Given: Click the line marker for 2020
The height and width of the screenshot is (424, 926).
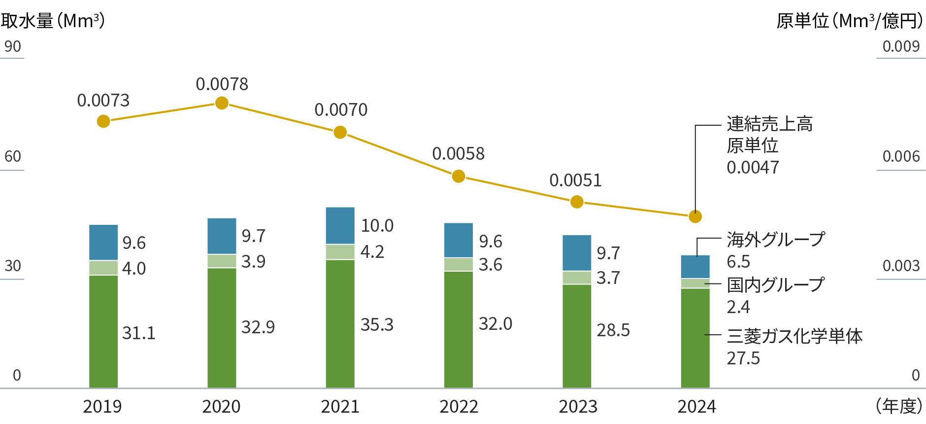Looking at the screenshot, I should coord(222,103).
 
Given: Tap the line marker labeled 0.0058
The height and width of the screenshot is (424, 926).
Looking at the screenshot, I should coord(459,176).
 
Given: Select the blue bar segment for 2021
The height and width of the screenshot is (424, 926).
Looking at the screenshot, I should coord(340,225).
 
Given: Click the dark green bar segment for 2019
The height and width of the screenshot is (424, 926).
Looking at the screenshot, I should coord(103,331).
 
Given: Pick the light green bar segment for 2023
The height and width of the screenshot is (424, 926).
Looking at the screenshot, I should coord(577,278).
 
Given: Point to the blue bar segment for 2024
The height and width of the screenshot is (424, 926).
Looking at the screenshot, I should coord(695,267).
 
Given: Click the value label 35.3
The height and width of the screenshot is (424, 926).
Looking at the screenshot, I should coord(377,325).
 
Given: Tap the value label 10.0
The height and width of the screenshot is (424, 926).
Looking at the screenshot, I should coord(377,226).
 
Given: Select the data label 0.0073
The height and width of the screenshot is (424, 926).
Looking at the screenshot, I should coord(103,101).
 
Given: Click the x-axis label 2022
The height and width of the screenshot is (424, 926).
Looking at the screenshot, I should coord(459,407).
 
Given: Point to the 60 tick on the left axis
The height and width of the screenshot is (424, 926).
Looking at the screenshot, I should coord(13,157).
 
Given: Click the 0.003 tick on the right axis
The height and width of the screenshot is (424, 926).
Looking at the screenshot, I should coord(901,266).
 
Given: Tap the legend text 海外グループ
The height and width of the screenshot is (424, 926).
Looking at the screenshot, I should coord(775,240).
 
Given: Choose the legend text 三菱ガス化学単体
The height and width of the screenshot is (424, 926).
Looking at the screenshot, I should coord(794,337).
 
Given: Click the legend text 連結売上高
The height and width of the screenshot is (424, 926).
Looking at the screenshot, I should coord(769,124).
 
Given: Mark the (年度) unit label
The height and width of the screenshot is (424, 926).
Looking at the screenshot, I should coord(899,407).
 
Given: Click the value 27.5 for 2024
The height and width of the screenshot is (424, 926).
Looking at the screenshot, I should coord(743,358).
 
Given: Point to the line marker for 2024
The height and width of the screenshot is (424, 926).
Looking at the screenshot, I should coord(695,216).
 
